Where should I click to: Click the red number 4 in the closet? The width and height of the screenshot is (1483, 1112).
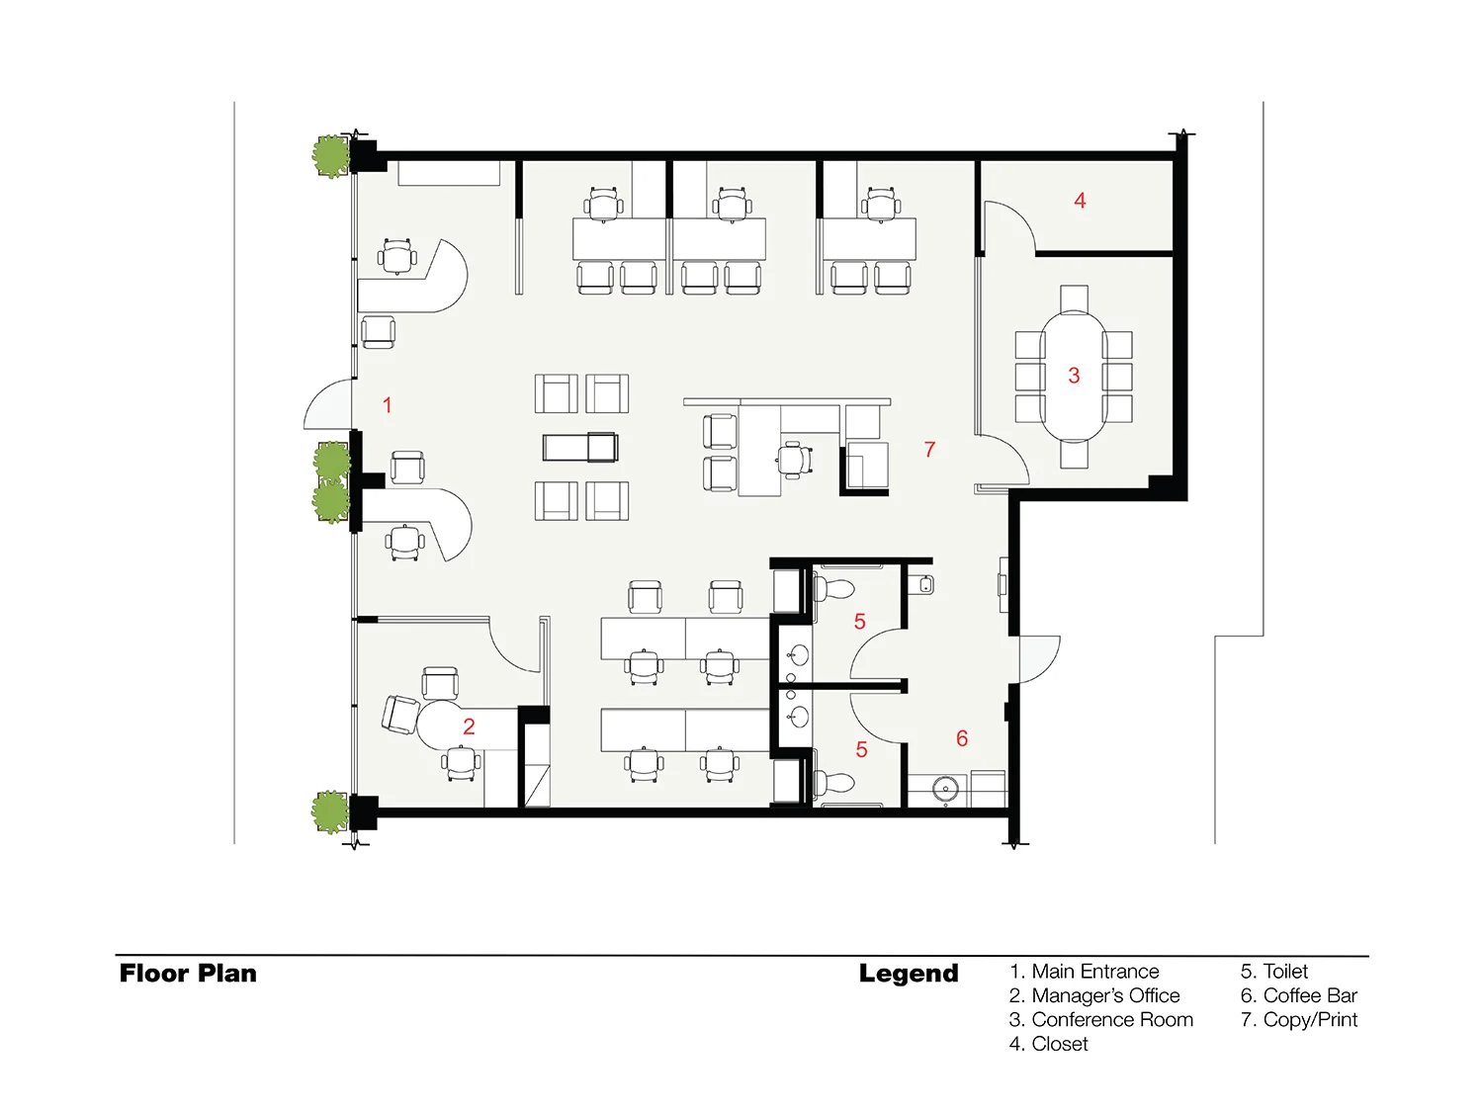[1080, 201]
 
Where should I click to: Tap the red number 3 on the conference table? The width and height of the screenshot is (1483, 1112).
[1074, 376]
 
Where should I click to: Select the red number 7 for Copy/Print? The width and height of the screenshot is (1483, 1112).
[929, 449]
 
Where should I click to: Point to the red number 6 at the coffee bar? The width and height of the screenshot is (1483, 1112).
[962, 738]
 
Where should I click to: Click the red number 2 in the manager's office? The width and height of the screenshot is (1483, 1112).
[469, 727]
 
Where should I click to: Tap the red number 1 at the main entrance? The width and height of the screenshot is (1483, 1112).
[388, 405]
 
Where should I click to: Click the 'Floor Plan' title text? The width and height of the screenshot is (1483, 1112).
[188, 974]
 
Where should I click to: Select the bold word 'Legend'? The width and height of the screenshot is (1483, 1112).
[909, 974]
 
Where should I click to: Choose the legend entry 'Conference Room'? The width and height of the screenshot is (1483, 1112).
[1112, 1019]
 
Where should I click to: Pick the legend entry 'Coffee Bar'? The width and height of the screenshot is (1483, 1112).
[1310, 995]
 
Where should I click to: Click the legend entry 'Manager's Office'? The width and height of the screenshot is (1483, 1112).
[1105, 995]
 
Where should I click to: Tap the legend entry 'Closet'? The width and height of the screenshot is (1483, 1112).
[1060, 1044]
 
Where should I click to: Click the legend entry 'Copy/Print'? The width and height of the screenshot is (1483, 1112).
[1310, 1019]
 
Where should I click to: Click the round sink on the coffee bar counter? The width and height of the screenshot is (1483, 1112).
[944, 788]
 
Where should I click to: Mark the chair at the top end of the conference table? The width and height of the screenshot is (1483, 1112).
[1074, 299]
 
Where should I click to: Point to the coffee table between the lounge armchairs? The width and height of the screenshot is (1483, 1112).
[580, 447]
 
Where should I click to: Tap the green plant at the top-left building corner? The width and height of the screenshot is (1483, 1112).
[331, 156]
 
